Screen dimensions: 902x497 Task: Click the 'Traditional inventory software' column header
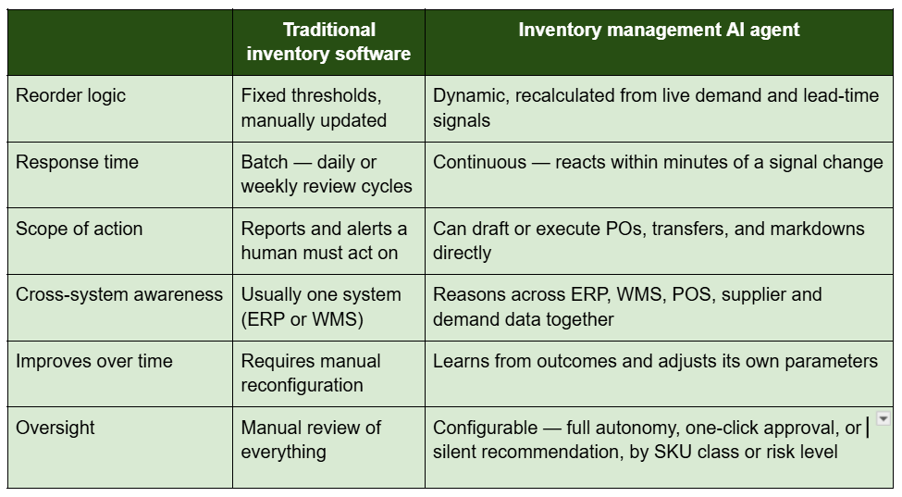click(328, 42)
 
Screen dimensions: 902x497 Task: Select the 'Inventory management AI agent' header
click(659, 30)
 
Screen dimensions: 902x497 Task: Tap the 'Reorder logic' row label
click(70, 95)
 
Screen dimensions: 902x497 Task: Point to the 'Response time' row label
click(77, 162)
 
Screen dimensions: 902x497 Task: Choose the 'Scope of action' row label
click(79, 229)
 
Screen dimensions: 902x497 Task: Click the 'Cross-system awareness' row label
click(119, 294)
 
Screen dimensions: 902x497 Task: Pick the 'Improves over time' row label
click(93, 361)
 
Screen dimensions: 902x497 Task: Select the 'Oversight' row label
click(56, 428)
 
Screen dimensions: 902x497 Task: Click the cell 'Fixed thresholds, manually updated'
click(314, 107)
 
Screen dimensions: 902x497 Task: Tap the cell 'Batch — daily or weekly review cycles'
click(327, 174)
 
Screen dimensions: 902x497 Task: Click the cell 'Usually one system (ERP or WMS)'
click(321, 306)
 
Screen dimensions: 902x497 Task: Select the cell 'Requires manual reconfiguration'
click(311, 373)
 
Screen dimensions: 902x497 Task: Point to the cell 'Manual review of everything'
click(311, 440)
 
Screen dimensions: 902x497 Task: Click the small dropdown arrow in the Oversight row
click(883, 418)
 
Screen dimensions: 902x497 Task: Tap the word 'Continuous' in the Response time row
click(479, 162)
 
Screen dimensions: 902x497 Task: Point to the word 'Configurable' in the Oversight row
click(485, 428)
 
